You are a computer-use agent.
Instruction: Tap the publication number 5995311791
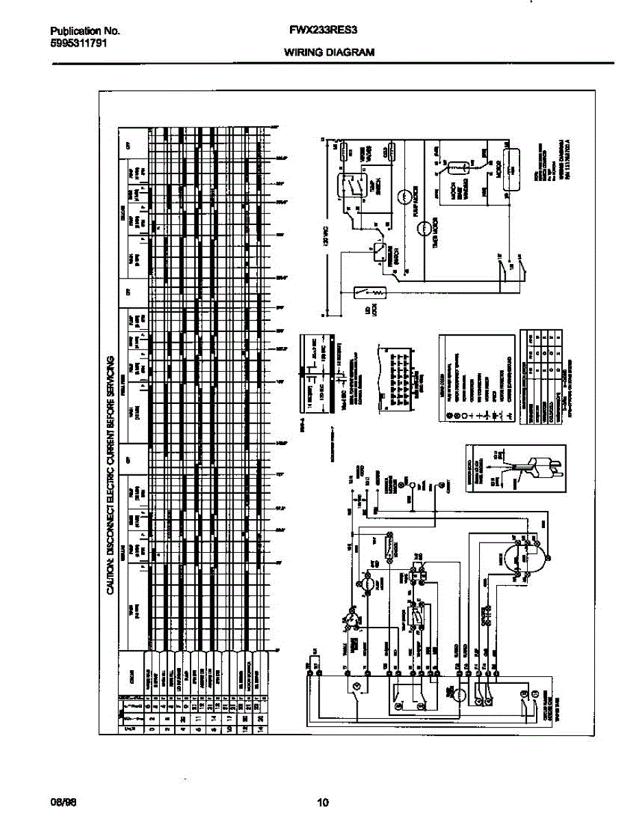78,43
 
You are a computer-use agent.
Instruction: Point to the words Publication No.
86,31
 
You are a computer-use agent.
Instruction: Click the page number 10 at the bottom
324,802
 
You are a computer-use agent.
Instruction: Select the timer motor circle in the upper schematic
424,227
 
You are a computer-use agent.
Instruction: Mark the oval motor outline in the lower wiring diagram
526,556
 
